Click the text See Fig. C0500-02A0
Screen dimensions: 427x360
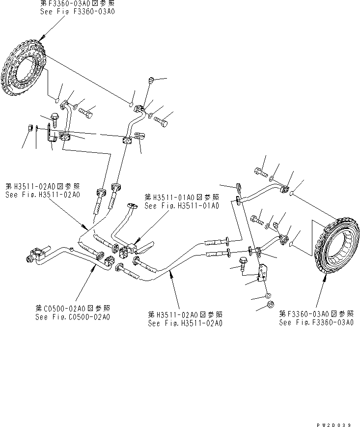pyautogui.click(x=72, y=317)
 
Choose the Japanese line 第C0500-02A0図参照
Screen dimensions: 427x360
pyautogui.click(x=72, y=308)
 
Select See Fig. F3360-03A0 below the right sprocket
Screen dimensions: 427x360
pyautogui.click(x=316, y=322)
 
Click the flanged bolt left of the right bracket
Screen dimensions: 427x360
pyautogui.click(x=244, y=263)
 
